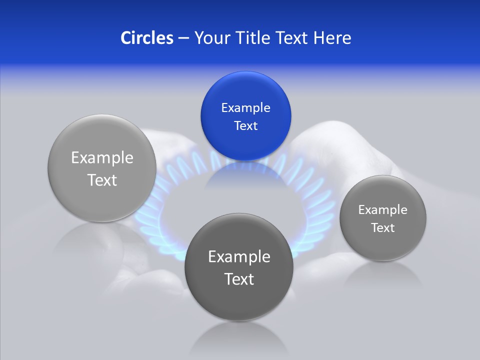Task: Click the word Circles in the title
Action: (147, 38)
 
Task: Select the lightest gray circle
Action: (102, 168)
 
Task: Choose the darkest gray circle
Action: (239, 267)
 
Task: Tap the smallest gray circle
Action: (382, 218)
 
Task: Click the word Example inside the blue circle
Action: (245, 107)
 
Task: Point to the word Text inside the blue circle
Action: (245, 125)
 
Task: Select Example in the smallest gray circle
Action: (382, 209)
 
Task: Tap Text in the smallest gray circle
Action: (382, 227)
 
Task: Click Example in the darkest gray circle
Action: (239, 256)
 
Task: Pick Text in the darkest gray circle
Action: (239, 279)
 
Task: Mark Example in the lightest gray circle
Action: (102, 157)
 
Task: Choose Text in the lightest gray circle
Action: (102, 180)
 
